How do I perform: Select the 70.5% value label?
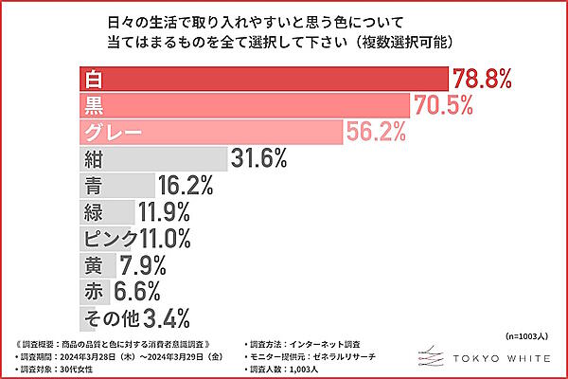point(442,105)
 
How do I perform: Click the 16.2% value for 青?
point(186,185)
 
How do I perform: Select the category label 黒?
point(93,105)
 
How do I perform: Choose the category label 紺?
point(93,158)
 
